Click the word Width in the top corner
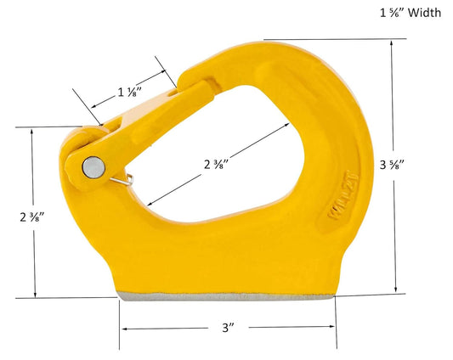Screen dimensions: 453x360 tap(424, 13)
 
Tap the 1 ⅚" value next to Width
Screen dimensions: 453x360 tap(391, 13)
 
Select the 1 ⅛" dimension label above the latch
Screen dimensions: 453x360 tap(130, 92)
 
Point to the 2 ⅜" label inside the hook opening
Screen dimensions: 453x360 tap(217, 164)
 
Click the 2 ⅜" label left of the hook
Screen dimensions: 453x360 tap(31, 217)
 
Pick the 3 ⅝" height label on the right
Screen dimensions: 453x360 tap(392, 165)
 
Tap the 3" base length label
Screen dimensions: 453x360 tap(229, 328)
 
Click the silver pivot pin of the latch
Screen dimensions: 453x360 tap(93, 167)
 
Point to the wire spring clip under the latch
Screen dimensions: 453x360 tap(122, 181)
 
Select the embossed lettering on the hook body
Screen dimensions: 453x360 tap(343, 195)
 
